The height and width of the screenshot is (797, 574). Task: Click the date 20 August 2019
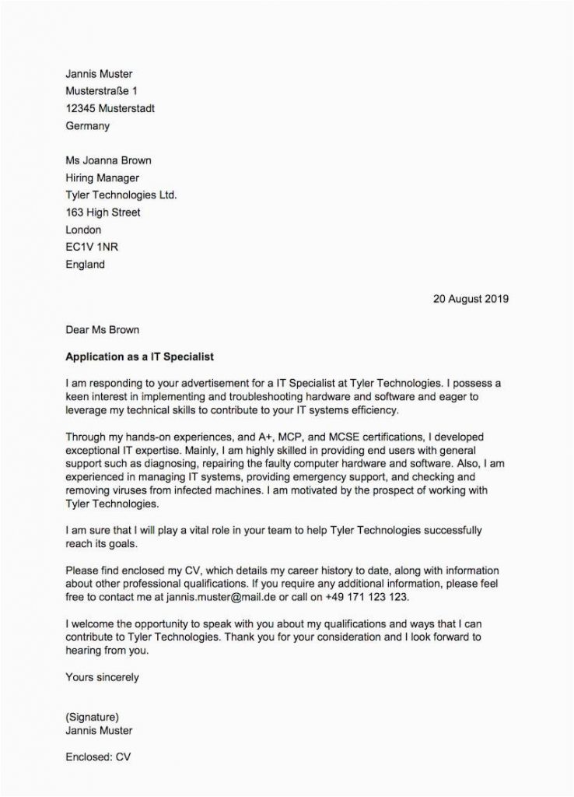[x=471, y=298]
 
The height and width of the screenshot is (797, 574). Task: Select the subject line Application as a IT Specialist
[x=139, y=357]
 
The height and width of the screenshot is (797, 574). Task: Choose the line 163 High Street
[x=103, y=212]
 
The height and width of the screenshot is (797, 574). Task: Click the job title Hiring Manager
[x=103, y=178]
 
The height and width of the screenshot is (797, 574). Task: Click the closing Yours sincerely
[x=103, y=677]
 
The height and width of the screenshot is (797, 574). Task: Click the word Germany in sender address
[x=88, y=125]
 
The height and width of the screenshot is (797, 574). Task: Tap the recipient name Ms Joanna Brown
[x=109, y=161]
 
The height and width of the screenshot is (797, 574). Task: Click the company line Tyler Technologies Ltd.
[x=121, y=195]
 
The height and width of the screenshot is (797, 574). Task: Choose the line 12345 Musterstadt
[x=110, y=108]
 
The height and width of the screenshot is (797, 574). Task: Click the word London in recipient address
[x=84, y=230]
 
